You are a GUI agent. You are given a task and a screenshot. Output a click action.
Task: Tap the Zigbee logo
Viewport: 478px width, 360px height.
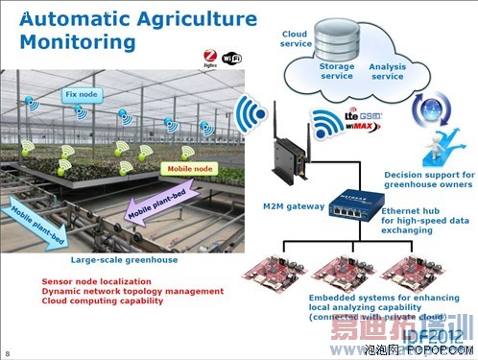coord(211,57)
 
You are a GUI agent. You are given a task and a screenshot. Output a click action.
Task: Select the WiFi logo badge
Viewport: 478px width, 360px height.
coord(233,57)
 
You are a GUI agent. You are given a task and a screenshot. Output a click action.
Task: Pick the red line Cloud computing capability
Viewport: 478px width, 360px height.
coord(103,300)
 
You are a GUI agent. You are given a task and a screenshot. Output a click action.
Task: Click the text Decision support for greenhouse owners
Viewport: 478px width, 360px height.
coord(424,180)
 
